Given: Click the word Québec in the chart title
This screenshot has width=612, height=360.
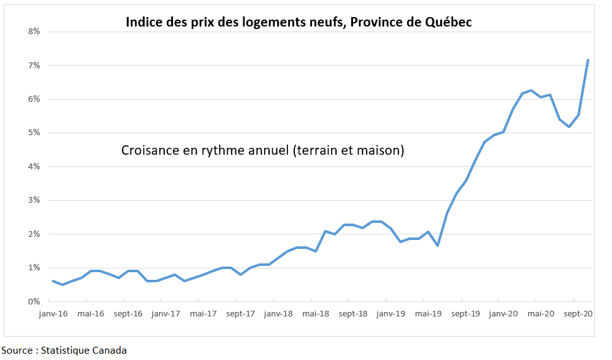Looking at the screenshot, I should tap(446, 22).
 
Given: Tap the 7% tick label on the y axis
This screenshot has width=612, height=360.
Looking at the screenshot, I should tap(33, 65).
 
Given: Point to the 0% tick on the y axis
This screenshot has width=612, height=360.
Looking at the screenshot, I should tap(33, 301).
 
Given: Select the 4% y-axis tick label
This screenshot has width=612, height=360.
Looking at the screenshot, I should tap(33, 167).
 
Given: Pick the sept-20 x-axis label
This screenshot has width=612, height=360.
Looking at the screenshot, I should tap(577, 313).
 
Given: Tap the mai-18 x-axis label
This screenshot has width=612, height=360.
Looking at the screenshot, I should tap(316, 313).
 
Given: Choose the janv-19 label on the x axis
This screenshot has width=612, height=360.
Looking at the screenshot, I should tap(390, 313).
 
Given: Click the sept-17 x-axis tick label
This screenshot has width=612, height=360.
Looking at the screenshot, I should tap(241, 313).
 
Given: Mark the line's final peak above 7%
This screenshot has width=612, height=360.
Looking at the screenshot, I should tap(588, 60).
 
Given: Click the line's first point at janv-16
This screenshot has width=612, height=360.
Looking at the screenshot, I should tap(52, 281).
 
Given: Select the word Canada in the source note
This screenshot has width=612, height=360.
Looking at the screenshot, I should tap(110, 350).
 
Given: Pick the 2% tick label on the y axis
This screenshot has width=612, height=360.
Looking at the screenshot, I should tap(33, 234).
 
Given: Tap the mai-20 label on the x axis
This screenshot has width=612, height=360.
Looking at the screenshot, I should tap(541, 313).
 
